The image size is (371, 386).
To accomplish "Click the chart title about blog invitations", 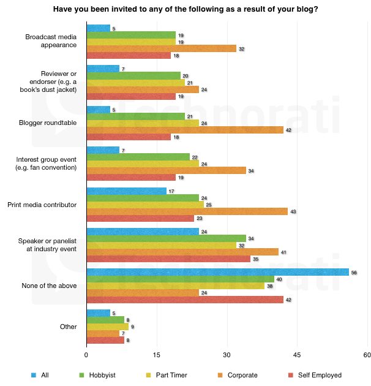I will (x=185, y=9).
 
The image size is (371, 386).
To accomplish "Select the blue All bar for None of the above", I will (x=217, y=271).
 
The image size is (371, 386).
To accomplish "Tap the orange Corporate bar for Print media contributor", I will (x=187, y=211).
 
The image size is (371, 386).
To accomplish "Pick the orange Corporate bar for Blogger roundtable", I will (x=185, y=130).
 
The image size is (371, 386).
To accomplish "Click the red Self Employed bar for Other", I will (x=105, y=339).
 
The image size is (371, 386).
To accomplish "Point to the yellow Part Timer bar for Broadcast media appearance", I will (x=131, y=42).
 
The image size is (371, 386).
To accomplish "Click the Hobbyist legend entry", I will (x=98, y=375).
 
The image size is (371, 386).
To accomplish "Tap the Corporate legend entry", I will (x=239, y=375).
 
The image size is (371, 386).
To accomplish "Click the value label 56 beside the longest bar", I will (x=354, y=272).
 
